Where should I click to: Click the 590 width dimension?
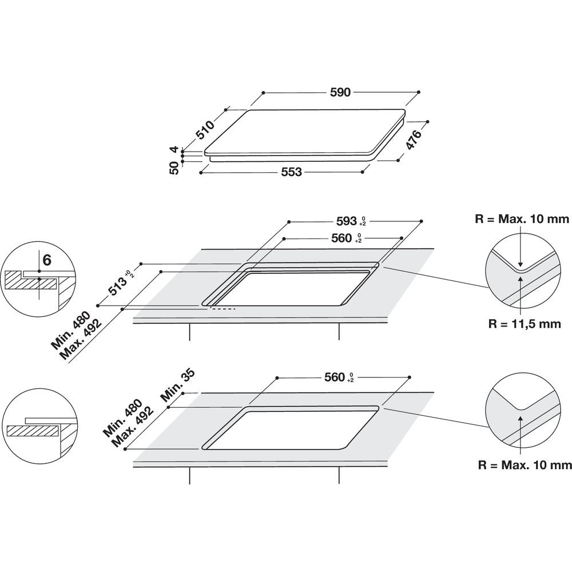341,92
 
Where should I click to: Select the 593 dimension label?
345,220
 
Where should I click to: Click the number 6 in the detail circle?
47,260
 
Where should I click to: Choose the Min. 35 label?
179,388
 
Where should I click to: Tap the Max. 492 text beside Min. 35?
135,426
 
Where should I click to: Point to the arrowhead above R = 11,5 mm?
520,277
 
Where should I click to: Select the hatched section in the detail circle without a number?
31,430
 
